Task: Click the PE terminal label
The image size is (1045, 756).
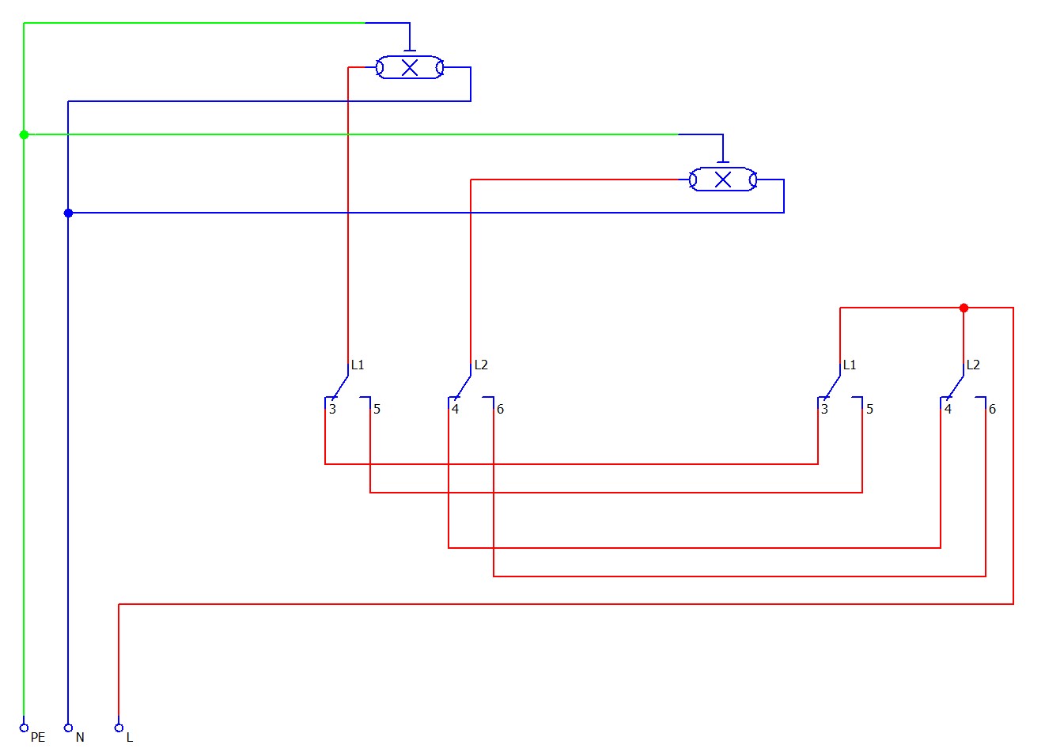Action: coord(38,737)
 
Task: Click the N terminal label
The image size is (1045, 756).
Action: coord(80,737)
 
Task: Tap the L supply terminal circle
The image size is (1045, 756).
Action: coord(119,728)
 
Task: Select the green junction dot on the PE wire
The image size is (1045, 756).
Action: coord(25,134)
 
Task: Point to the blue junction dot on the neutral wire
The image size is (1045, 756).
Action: coord(68,214)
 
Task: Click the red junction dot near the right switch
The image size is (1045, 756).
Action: coord(964,308)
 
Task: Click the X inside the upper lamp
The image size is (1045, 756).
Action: coord(410,68)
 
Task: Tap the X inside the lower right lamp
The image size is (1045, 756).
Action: coord(722,180)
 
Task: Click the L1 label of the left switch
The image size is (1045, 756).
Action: coord(358,365)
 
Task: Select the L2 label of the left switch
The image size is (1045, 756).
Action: coord(481,365)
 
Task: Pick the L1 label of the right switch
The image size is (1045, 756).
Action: coord(850,365)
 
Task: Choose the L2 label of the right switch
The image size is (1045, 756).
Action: coord(973,365)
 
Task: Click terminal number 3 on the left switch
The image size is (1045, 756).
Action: coord(332,409)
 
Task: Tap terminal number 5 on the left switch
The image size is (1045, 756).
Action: coord(377,409)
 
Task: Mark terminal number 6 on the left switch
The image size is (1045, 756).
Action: coord(500,409)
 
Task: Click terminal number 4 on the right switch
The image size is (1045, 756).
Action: coord(948,409)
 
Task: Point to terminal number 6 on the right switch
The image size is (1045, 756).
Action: coord(992,409)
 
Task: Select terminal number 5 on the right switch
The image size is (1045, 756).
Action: coord(869,409)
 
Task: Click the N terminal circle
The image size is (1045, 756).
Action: coord(68,728)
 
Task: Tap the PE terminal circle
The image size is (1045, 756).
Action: coord(24,728)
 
